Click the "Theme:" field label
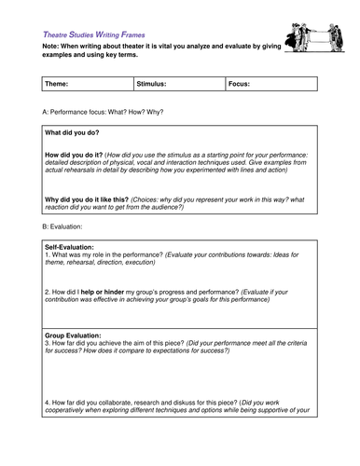(x=57, y=84)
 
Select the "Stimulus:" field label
(x=151, y=84)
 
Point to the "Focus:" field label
(x=239, y=84)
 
